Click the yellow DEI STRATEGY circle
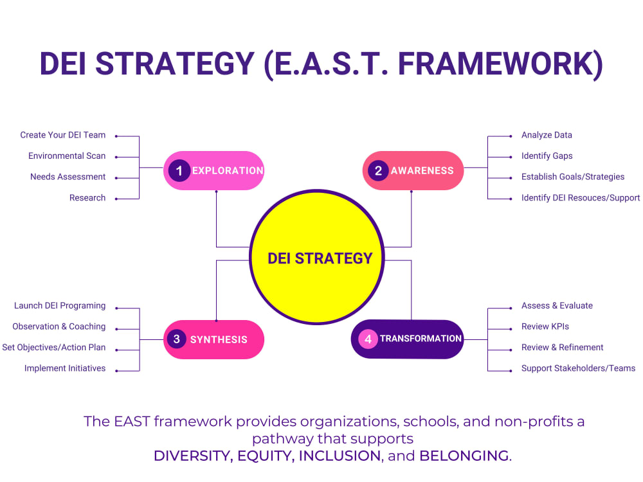317,257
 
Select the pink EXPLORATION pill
213,170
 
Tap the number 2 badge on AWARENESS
378,170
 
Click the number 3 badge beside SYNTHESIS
177,339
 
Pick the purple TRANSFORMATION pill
407,339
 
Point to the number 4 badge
368,339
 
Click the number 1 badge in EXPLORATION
179,170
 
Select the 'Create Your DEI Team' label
63,135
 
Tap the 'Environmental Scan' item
67,156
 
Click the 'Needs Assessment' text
68,177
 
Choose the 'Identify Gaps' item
547,156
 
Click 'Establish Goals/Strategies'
573,177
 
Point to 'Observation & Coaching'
59,326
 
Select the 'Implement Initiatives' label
65,368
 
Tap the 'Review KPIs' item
545,326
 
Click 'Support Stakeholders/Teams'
578,368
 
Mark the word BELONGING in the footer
464,456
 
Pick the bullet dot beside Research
116,199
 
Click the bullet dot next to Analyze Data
511,136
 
